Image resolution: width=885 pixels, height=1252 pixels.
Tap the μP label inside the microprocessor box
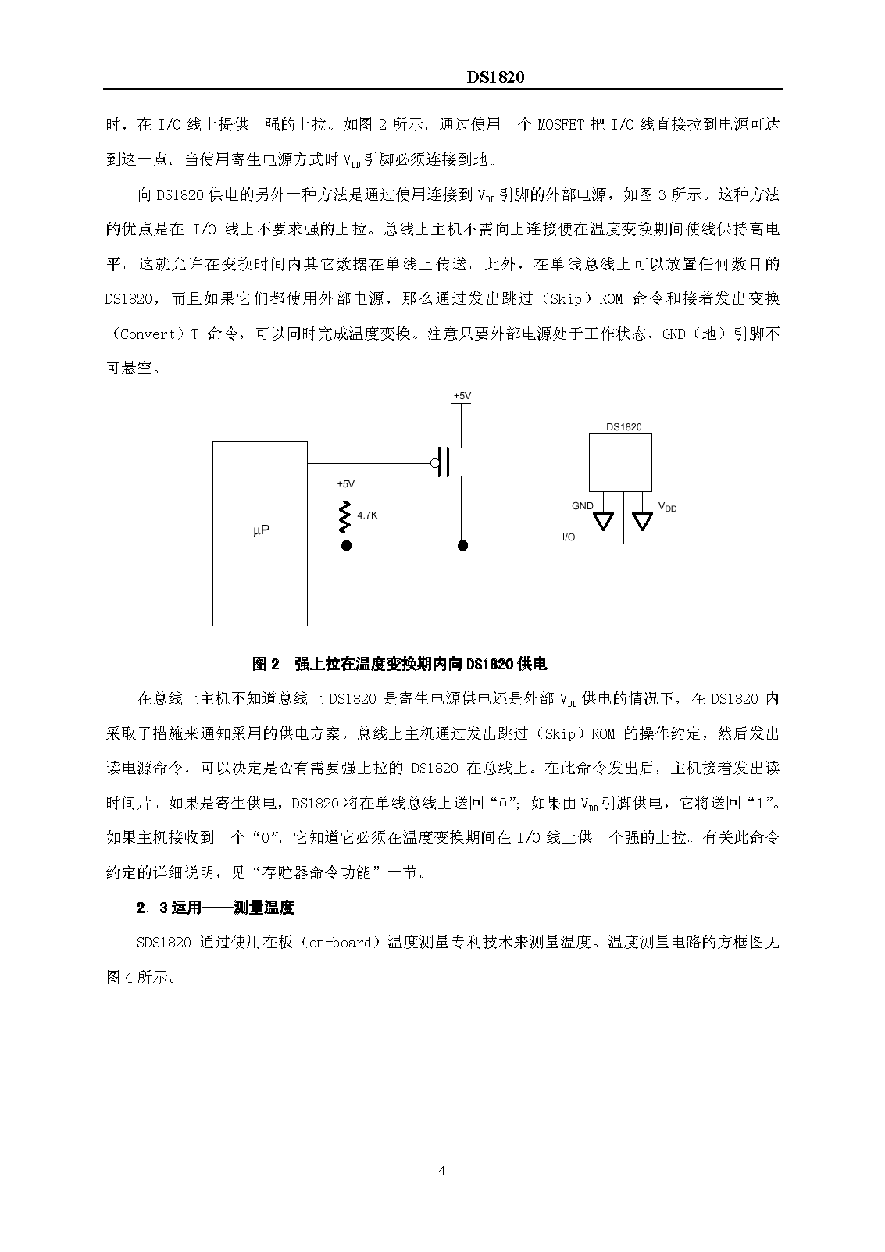[x=262, y=530]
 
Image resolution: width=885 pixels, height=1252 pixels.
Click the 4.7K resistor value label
[x=367, y=515]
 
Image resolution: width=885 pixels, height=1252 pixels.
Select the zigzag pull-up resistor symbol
[x=344, y=517]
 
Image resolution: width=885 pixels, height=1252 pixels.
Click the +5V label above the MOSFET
[x=462, y=397]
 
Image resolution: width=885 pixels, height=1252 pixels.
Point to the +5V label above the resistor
[x=344, y=484]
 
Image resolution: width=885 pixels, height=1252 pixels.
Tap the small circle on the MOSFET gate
[x=435, y=463]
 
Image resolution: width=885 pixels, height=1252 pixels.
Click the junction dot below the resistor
[x=346, y=544]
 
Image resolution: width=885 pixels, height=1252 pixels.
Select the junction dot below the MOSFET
[x=462, y=544]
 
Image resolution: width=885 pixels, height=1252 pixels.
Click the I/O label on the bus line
[x=569, y=537]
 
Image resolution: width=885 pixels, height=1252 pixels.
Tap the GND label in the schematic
[x=583, y=506]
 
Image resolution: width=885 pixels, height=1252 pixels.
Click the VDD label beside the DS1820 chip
[x=667, y=507]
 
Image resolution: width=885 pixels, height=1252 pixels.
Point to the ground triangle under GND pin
[x=604, y=521]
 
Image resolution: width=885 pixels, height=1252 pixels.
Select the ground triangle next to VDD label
[x=642, y=521]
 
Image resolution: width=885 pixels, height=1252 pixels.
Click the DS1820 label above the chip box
[x=623, y=427]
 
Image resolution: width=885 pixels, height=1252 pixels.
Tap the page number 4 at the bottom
[x=442, y=1170]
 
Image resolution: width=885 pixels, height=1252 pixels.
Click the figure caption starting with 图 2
[x=399, y=664]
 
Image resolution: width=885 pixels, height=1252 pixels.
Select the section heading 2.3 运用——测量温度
[x=215, y=908]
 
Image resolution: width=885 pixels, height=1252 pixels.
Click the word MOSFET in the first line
[x=561, y=124]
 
